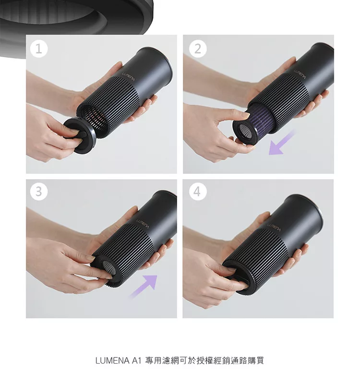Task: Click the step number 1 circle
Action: (39, 49)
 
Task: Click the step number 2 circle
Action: (198, 49)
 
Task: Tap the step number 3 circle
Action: (39, 192)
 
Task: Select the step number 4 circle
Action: (197, 192)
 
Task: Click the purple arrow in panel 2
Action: (281, 143)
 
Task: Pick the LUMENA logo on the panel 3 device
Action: (143, 223)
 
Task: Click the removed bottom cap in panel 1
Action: (79, 135)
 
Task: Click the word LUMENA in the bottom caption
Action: (112, 361)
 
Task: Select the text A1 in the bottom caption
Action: (136, 361)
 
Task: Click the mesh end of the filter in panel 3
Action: (109, 268)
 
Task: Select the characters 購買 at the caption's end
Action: (255, 361)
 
